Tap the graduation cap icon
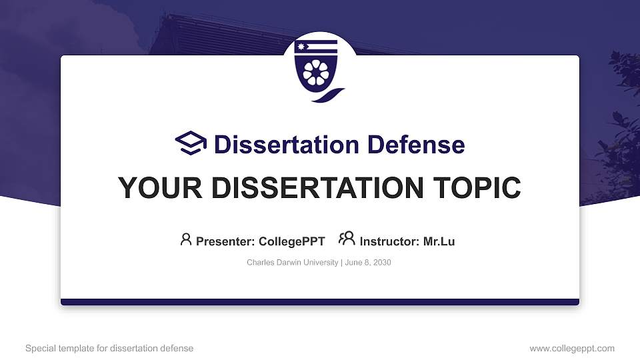pos(191,143)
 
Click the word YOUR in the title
pos(154,188)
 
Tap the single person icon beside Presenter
pos(186,239)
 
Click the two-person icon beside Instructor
pos(347,239)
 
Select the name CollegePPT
pos(291,241)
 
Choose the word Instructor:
pos(389,241)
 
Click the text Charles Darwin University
pos(293,263)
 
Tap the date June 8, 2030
pos(368,263)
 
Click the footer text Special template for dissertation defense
pos(109,348)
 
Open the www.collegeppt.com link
pos(572,348)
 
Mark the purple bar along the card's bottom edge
pos(320,302)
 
